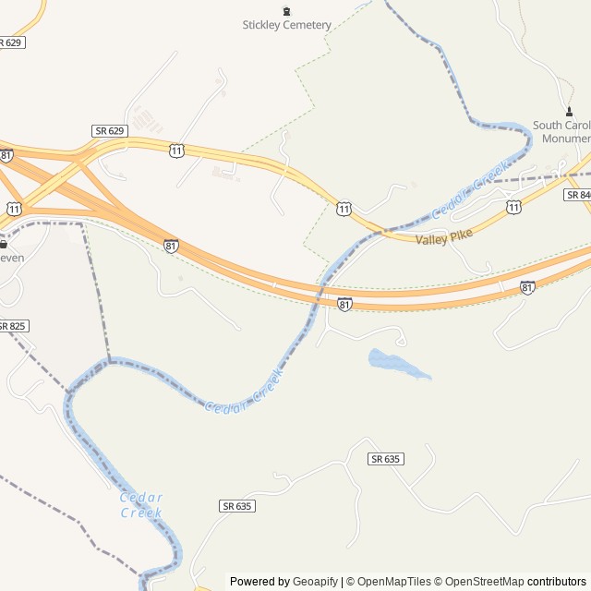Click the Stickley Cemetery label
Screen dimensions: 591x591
286,25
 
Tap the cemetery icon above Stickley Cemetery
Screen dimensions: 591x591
286,11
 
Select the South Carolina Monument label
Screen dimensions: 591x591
562,132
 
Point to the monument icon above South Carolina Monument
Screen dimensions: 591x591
568,112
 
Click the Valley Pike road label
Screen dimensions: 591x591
444,237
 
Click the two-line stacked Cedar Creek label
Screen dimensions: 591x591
141,505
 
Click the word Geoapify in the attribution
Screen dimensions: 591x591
315,582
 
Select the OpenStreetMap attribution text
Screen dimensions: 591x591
484,582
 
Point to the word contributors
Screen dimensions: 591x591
557,582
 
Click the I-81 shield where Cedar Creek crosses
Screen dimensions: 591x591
344,304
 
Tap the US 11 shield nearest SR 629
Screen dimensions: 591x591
175,150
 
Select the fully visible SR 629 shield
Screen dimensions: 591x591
109,131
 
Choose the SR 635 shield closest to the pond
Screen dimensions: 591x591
387,459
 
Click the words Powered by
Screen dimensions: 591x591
259,582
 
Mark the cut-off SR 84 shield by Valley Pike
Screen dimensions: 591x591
579,195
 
